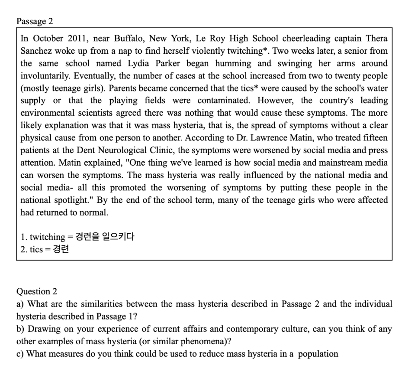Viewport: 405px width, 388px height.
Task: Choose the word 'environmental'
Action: [47, 114]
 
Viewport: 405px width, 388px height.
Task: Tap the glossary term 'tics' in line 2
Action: [36, 249]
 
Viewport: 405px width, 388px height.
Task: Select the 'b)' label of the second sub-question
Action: [20, 329]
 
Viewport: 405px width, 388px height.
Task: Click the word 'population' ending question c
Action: [318, 354]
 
